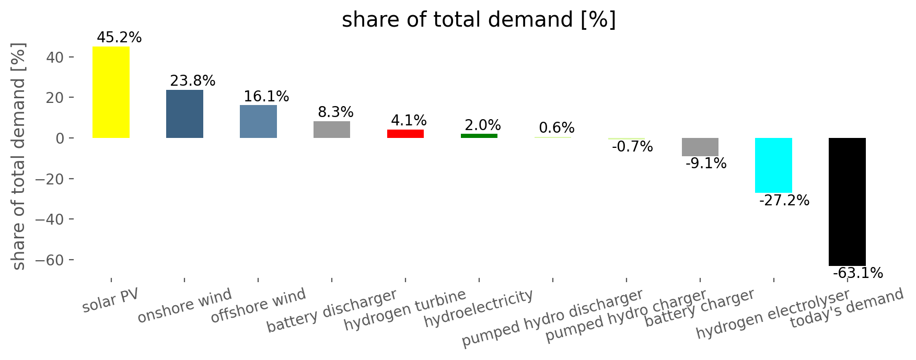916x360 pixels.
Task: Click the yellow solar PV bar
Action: click(111, 92)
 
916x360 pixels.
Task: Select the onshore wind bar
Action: click(184, 114)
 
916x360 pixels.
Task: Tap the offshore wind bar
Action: click(258, 122)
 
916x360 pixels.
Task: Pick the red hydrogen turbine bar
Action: click(405, 134)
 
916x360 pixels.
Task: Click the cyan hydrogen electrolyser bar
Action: click(773, 166)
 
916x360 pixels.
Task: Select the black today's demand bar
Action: click(847, 202)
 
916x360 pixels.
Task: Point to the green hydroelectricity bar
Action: click(479, 136)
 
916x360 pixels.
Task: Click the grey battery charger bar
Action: click(700, 147)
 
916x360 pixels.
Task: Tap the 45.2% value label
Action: click(119, 38)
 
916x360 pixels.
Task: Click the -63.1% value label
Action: click(858, 273)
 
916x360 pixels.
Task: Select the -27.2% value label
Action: click(784, 201)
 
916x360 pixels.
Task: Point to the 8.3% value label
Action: click(335, 112)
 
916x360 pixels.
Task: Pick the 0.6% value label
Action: click(556, 128)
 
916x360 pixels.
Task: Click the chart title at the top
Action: click(479, 20)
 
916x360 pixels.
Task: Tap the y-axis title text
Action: click(19, 156)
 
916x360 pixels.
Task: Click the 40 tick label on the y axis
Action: click(56, 57)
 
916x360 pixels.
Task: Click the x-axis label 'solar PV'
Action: click(111, 300)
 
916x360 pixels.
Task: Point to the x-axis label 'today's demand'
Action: click(847, 309)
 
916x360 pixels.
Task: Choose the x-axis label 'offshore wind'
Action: click(258, 306)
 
